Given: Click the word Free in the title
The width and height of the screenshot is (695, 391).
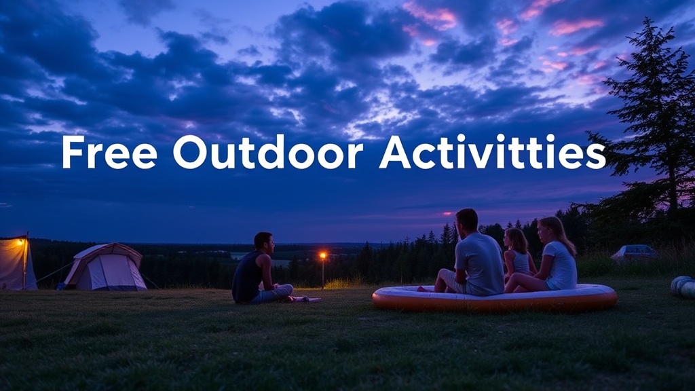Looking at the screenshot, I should [x=109, y=152].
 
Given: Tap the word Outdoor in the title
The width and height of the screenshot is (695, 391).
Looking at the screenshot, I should [x=267, y=152].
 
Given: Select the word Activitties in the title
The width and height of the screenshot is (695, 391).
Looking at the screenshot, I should [x=492, y=152].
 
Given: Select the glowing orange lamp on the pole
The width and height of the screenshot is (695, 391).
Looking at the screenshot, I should [x=323, y=256].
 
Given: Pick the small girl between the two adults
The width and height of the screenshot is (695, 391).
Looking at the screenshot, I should [x=519, y=255].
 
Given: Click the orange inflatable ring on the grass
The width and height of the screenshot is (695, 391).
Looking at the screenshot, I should [x=494, y=299].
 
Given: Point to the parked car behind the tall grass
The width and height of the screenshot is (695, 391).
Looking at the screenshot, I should [x=634, y=253].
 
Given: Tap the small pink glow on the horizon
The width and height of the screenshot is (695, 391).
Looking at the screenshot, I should [x=447, y=214].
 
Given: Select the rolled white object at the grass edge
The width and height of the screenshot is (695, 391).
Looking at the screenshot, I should [x=683, y=286].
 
